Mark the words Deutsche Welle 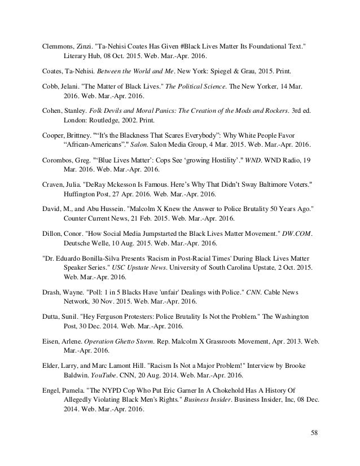[x=86, y=245]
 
